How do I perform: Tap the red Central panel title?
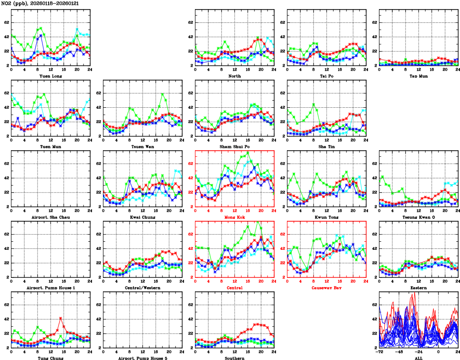(x=234, y=288)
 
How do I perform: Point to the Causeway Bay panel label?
(x=326, y=288)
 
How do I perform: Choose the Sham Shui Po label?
(x=234, y=147)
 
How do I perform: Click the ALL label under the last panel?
(x=418, y=358)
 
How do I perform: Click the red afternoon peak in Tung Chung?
(x=61, y=318)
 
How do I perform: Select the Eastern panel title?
(x=418, y=288)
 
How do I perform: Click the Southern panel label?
(x=234, y=358)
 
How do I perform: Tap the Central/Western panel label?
(x=142, y=288)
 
